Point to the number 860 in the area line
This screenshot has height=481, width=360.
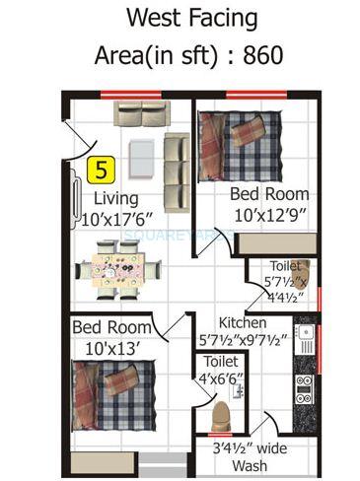(x=260, y=56)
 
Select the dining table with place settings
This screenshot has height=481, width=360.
(x=120, y=268)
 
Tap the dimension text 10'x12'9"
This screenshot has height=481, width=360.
(x=268, y=214)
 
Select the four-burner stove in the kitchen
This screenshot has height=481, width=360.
(x=304, y=389)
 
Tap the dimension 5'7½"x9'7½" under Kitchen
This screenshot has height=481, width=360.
(x=241, y=341)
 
